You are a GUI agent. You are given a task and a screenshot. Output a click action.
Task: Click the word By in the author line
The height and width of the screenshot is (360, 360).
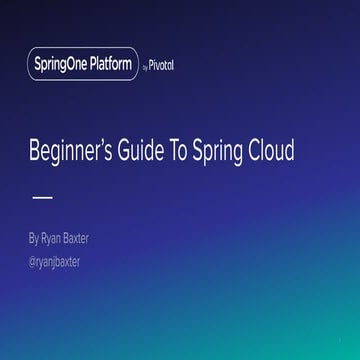pyautogui.click(x=35, y=239)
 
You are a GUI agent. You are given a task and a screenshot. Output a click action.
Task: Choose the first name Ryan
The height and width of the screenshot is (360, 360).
pyautogui.click(x=52, y=239)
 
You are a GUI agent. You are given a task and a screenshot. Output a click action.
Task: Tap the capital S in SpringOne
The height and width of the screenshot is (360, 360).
pyautogui.click(x=38, y=66)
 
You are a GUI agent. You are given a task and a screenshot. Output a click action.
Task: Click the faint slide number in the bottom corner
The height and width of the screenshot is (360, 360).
pyautogui.click(x=340, y=338)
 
